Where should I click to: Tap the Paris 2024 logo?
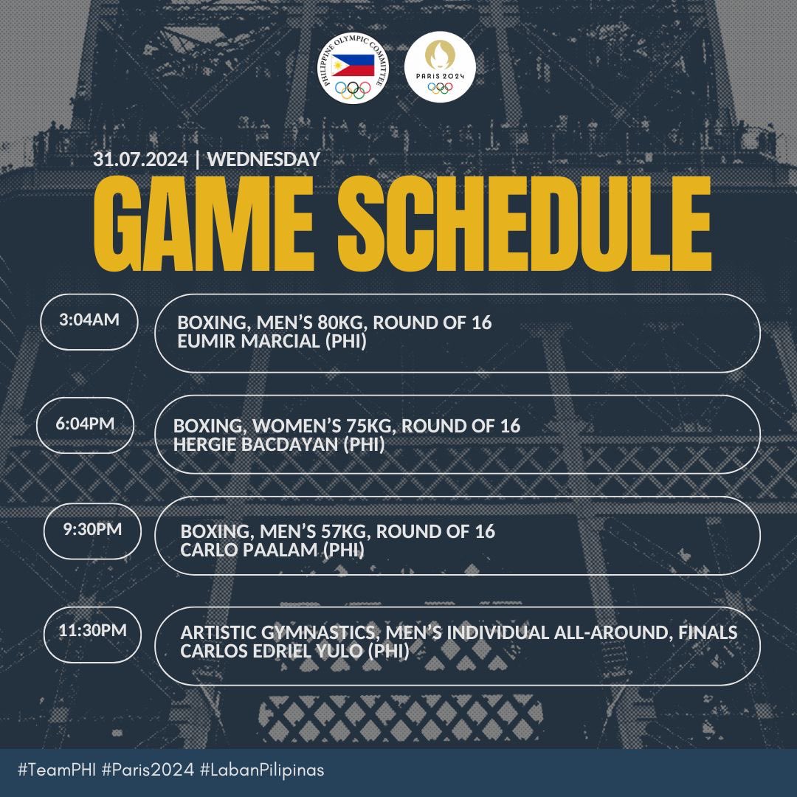[441, 67]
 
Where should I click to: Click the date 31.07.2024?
[141, 159]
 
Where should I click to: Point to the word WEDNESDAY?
[264, 159]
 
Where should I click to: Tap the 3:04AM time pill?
[89, 321]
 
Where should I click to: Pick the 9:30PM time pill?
[92, 530]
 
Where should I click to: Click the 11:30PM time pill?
[92, 632]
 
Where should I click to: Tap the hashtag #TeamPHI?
[56, 770]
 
